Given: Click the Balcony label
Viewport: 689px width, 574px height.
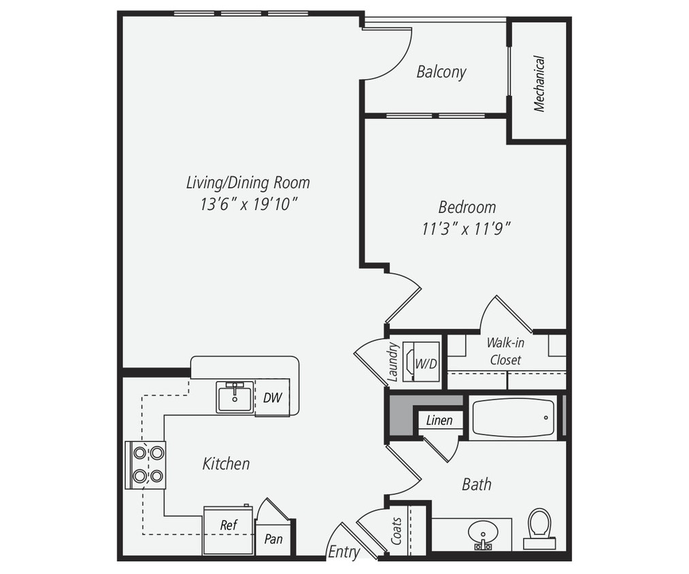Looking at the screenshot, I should (x=441, y=72).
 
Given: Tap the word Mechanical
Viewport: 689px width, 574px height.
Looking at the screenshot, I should (x=539, y=84).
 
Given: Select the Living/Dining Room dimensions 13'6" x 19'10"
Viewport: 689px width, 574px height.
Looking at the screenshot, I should (x=248, y=204).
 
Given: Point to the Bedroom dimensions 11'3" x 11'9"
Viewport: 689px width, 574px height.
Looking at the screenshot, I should (x=466, y=229).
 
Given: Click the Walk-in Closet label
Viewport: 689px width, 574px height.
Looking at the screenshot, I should (x=505, y=351).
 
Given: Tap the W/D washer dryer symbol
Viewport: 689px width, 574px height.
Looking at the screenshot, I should (x=422, y=363).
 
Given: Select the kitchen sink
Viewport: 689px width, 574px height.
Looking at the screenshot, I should (x=235, y=396).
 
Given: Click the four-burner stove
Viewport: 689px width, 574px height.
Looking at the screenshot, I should (x=146, y=465).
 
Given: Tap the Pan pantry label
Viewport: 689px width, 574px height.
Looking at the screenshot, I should (x=273, y=539).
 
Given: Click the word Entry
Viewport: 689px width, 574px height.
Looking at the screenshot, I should (x=343, y=552).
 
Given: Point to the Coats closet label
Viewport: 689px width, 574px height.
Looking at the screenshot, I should (x=397, y=530).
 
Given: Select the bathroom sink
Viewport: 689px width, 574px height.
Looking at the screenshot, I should (x=484, y=533).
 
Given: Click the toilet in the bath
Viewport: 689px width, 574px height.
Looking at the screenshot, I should (x=539, y=526).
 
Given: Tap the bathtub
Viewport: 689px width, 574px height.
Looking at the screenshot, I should (x=513, y=418).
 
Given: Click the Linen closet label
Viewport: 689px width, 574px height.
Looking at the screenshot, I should (x=439, y=420).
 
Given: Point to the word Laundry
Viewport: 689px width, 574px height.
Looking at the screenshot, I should (x=393, y=360).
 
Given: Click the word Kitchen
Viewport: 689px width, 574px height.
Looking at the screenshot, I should (x=226, y=464).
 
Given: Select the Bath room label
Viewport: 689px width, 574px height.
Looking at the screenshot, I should (x=476, y=484).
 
